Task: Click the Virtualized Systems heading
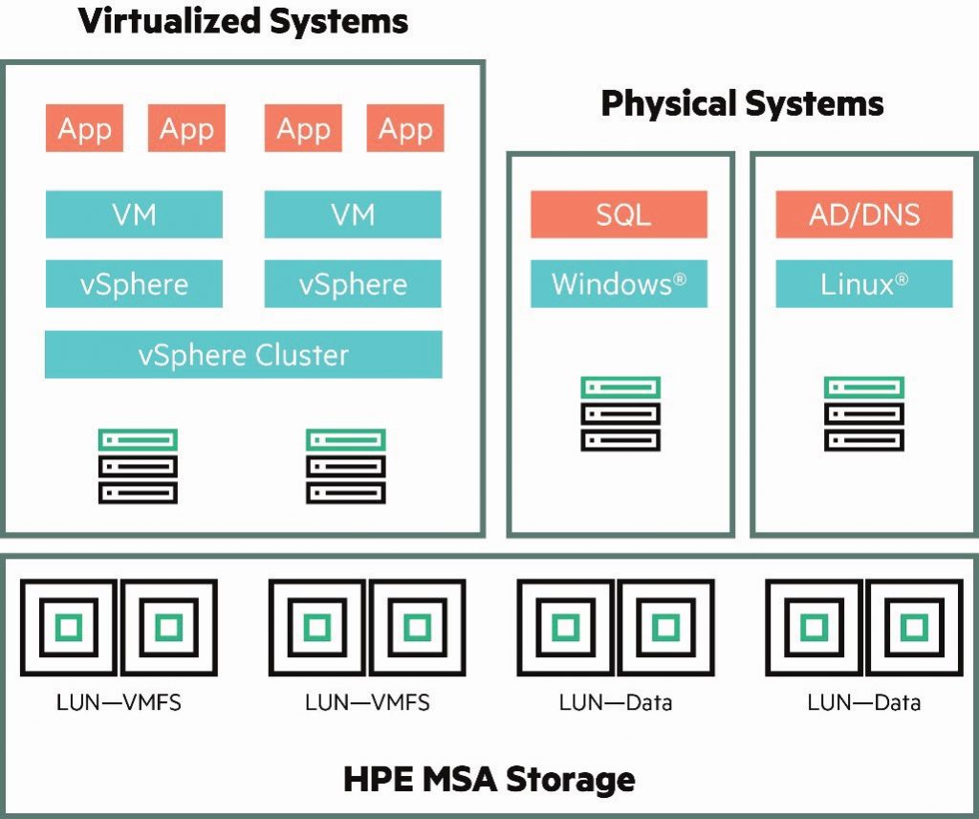pyautogui.click(x=244, y=21)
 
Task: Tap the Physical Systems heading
pyautogui.click(x=742, y=103)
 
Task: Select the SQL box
pyautogui.click(x=619, y=214)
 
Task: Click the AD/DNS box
pyautogui.click(x=863, y=214)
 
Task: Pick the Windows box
pyautogui.click(x=619, y=284)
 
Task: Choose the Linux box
pyautogui.click(x=863, y=284)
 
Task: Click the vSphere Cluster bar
pyautogui.click(x=243, y=355)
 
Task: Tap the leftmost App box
pyautogui.click(x=84, y=129)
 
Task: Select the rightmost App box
pyautogui.click(x=405, y=129)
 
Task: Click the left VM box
pyautogui.click(x=134, y=214)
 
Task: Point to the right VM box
pyautogui.click(x=353, y=214)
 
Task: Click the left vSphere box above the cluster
pyautogui.click(x=134, y=284)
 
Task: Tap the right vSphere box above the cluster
pyautogui.click(x=353, y=284)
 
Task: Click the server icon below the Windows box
pyautogui.click(x=620, y=414)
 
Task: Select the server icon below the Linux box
pyautogui.click(x=863, y=414)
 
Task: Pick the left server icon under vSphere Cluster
pyautogui.click(x=138, y=466)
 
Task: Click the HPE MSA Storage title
pyautogui.click(x=489, y=779)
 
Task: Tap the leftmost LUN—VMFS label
pyautogui.click(x=120, y=703)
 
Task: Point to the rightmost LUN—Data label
pyautogui.click(x=863, y=703)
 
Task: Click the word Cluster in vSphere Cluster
pyautogui.click(x=302, y=355)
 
